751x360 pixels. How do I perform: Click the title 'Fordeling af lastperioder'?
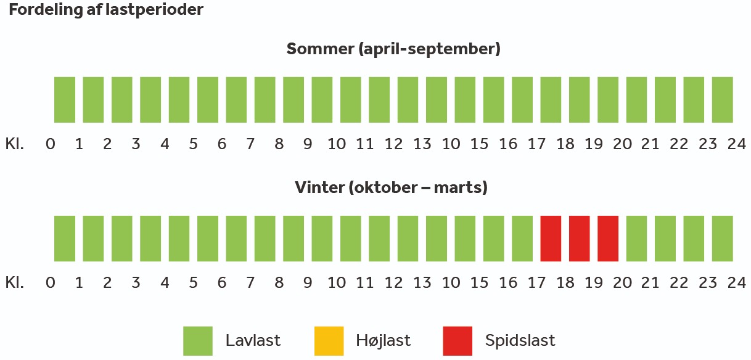tap(106, 10)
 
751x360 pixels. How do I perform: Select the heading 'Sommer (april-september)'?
tap(393, 49)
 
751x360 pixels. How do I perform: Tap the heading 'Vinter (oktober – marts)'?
tap(392, 187)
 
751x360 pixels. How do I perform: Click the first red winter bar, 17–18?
tap(551, 239)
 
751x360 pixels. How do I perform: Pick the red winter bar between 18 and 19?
tap(580, 239)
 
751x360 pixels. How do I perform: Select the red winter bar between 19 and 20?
tap(608, 239)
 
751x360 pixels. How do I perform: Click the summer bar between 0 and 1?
tap(65, 100)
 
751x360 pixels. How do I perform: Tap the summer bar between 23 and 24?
tap(723, 100)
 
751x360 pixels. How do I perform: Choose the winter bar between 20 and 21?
tap(637, 239)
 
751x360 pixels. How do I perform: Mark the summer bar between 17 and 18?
tap(551, 100)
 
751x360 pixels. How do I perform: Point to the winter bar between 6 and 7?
tap(236, 239)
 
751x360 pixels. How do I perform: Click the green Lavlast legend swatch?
tap(198, 341)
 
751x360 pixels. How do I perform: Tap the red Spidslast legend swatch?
tap(458, 341)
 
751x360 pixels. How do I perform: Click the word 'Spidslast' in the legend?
tap(520, 340)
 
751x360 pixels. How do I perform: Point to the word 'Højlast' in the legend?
tap(383, 340)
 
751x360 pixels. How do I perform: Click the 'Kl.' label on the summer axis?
tap(15, 144)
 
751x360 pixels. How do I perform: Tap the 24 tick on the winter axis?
tap(736, 283)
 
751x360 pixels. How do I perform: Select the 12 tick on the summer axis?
tap(393, 144)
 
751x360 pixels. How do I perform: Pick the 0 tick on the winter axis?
tap(51, 283)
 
